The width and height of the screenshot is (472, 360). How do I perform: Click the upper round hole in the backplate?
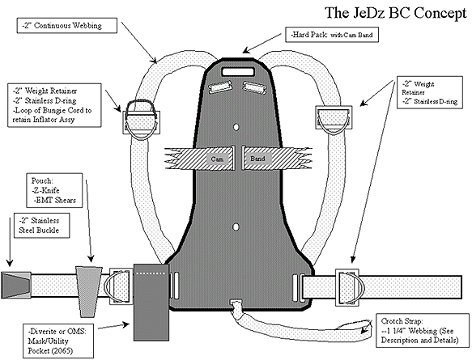pos(236,125)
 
